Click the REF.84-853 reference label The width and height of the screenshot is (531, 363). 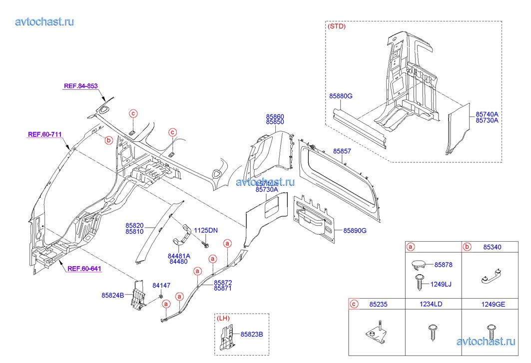[x=80, y=86]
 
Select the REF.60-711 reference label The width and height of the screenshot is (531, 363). [x=45, y=134]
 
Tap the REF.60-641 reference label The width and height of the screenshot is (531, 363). [x=84, y=269]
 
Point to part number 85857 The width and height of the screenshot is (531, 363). [x=342, y=151]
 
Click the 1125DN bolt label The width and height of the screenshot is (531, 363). [x=206, y=230]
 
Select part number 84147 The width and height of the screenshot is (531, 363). [x=161, y=286]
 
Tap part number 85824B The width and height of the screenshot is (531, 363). [x=114, y=295]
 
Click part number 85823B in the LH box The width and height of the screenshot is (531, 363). [x=252, y=334]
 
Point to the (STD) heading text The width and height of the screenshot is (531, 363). [x=336, y=26]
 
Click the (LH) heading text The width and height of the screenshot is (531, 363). [x=223, y=318]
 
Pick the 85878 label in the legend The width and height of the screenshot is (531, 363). [x=443, y=264]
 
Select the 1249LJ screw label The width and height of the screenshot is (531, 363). [x=442, y=284]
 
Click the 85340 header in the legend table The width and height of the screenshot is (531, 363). [x=493, y=247]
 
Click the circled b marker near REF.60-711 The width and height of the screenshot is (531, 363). [x=108, y=141]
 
